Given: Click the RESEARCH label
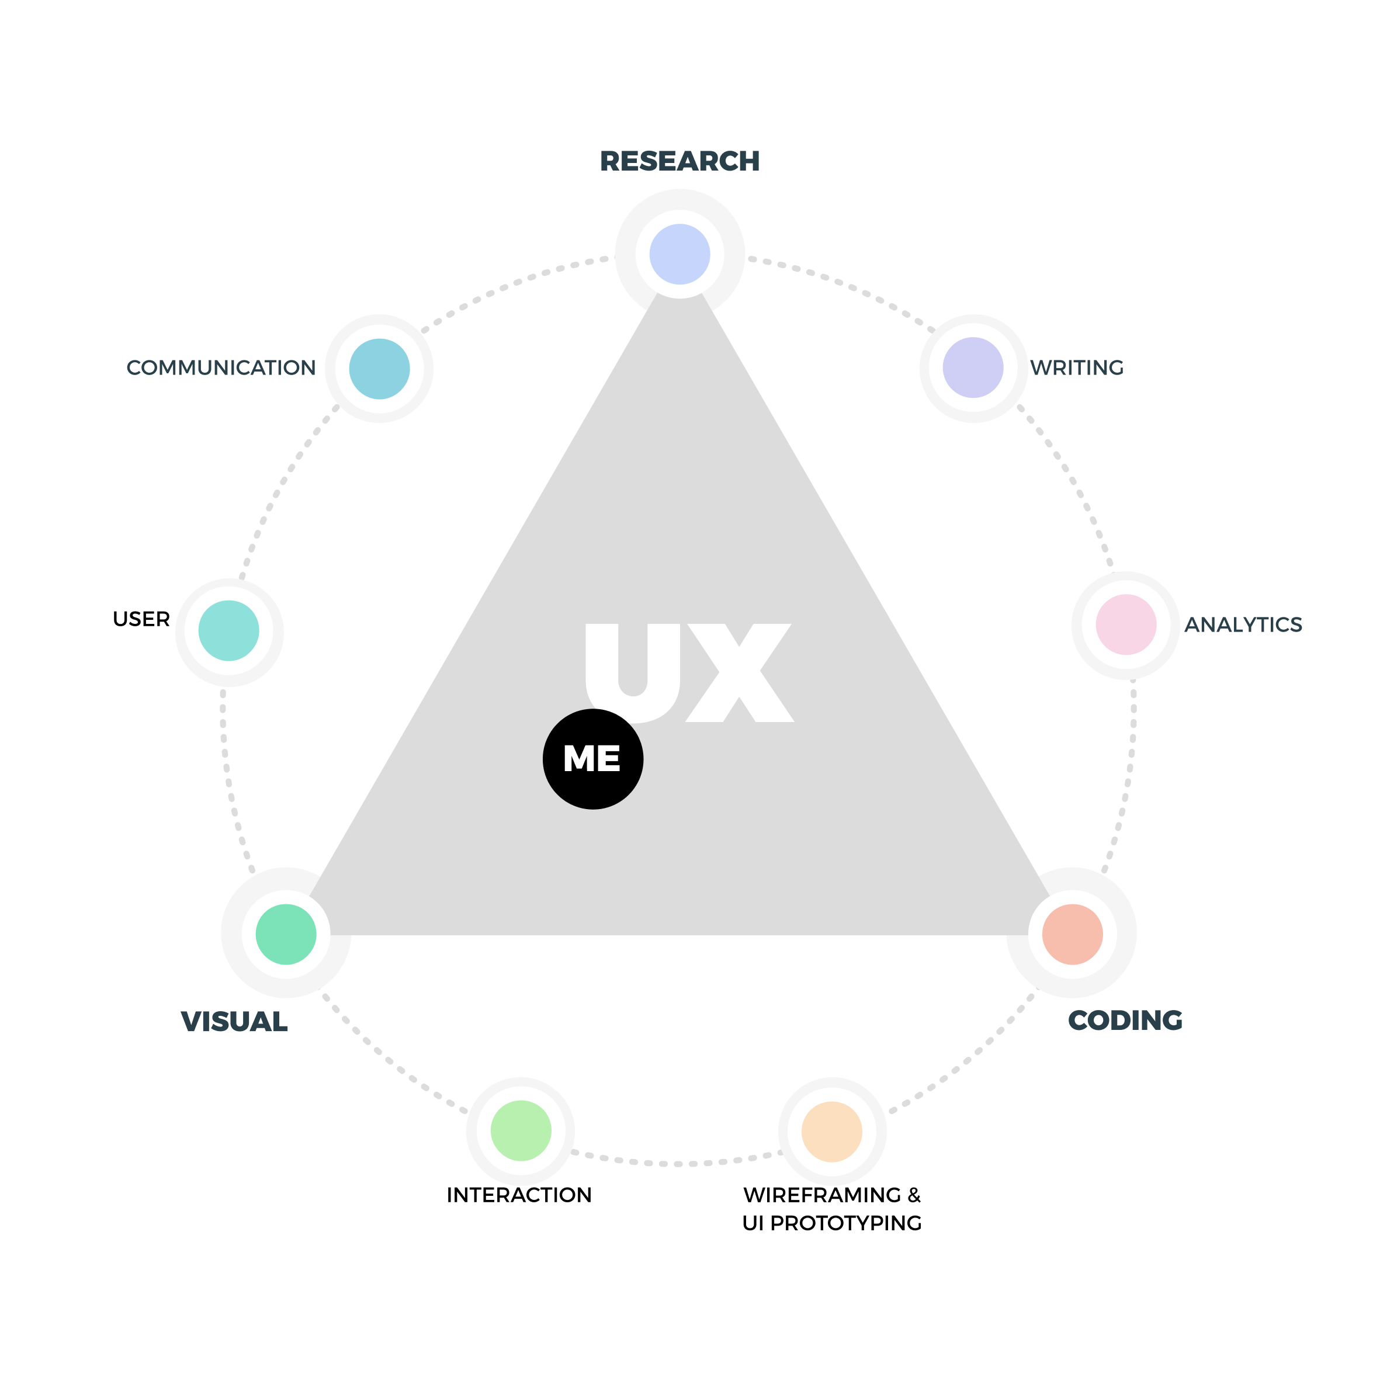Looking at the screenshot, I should coord(679,161).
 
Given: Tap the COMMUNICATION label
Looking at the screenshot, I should coord(220,367).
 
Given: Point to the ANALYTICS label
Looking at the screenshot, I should coord(1243,624).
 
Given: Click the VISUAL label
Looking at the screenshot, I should coord(234,1022).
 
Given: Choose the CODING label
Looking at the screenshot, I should coord(1125,1021).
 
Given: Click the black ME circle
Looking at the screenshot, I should coord(592,759).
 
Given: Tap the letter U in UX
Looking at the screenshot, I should coord(632,672).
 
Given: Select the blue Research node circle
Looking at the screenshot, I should coord(679,254).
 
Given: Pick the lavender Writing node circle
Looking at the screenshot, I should coord(972,367).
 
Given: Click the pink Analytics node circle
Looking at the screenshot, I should coord(1125,624).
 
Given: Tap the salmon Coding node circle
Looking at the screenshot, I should coord(1072,934).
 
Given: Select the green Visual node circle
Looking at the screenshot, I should coord(286,934).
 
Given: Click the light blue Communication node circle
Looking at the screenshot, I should coord(379,369).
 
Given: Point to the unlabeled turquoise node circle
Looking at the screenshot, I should coord(229,631).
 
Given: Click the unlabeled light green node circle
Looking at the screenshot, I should coord(521,1131).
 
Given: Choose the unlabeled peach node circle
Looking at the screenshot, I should coord(831,1131).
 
